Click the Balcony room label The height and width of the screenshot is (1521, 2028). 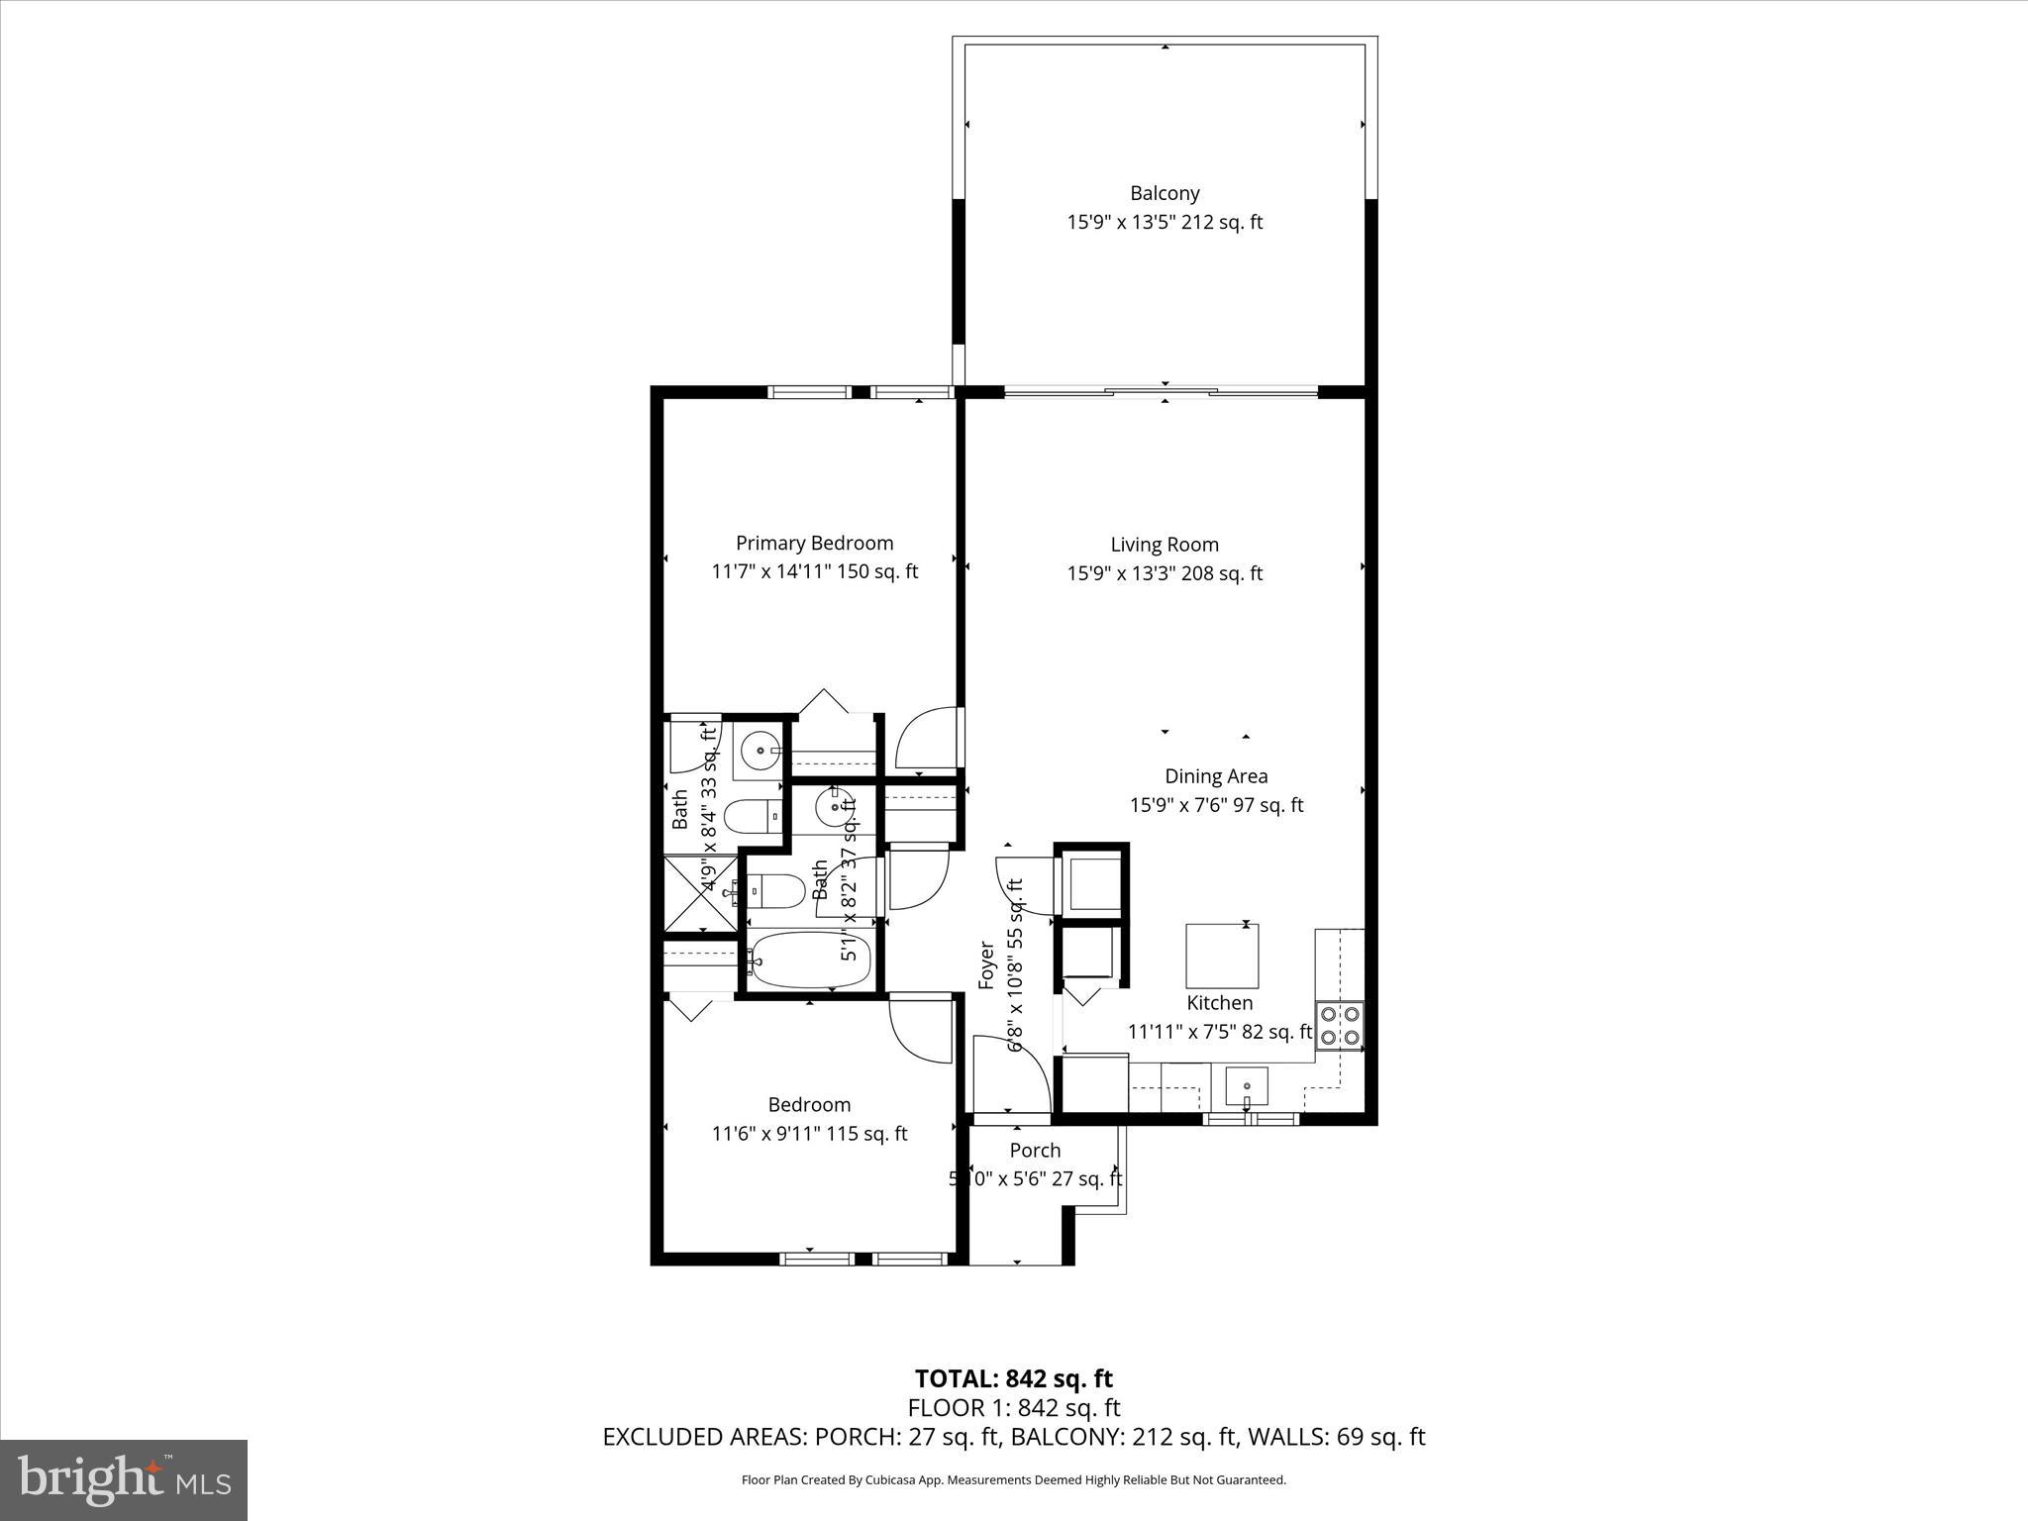pyautogui.click(x=1165, y=193)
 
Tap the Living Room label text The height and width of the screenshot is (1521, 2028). pyautogui.click(x=1164, y=545)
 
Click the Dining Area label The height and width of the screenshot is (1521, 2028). pyautogui.click(x=1215, y=776)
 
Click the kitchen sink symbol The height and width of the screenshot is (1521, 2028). pyautogui.click(x=1246, y=1087)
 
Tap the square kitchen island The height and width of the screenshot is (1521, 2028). pyautogui.click(x=1222, y=956)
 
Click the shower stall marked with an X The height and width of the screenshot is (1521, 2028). pyautogui.click(x=700, y=894)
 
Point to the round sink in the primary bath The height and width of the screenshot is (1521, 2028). pyautogui.click(x=760, y=752)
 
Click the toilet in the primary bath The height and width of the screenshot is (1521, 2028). pyautogui.click(x=753, y=817)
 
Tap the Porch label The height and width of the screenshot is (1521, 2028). pyautogui.click(x=1035, y=1151)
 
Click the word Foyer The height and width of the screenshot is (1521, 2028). pyautogui.click(x=986, y=964)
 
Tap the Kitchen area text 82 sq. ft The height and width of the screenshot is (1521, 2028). pyautogui.click(x=1276, y=1032)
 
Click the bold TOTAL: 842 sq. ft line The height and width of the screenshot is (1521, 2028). pyautogui.click(x=1013, y=1378)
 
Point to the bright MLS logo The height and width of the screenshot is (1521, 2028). pyautogui.click(x=124, y=1479)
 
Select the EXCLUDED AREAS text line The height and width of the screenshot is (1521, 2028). pyautogui.click(x=1013, y=1437)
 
